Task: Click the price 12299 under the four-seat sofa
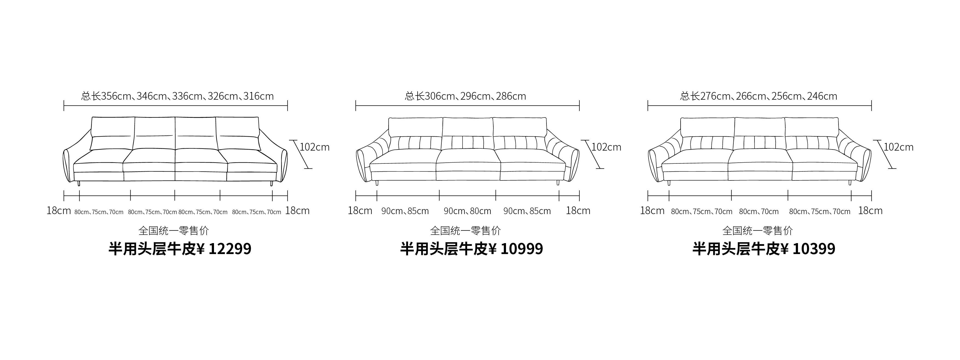coord(230,249)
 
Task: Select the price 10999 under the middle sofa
coord(522,249)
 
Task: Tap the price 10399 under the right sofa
coord(814,249)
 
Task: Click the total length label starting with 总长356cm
coord(177,96)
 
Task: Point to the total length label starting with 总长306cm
coord(465,96)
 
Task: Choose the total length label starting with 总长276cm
coord(759,96)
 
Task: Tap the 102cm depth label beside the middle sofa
coord(607,147)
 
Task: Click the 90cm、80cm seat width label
coord(467,211)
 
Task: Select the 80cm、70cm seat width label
coord(759,212)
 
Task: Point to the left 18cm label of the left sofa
coord(59,211)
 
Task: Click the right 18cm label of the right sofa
coord(870,211)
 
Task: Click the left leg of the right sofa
coord(669,183)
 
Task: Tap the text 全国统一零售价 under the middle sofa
coord(465,231)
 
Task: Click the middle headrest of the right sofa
coord(759,127)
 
